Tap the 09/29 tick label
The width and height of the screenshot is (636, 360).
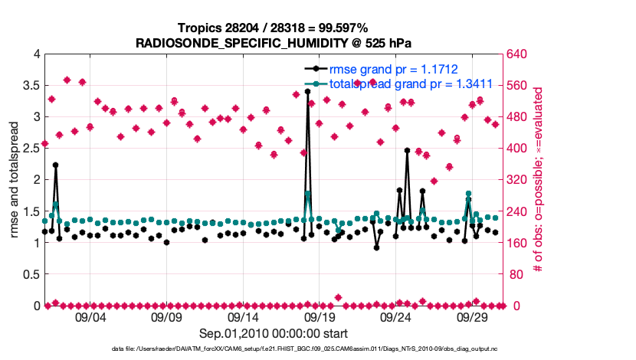point(473,317)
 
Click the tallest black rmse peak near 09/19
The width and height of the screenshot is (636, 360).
point(307,91)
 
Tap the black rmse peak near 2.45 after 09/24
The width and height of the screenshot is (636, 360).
point(407,151)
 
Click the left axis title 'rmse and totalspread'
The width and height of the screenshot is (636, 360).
point(14,179)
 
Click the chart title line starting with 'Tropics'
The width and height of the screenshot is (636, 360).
point(273,28)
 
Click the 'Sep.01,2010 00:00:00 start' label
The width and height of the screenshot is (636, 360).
point(274,333)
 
